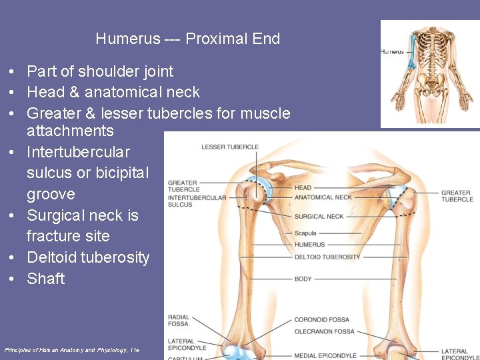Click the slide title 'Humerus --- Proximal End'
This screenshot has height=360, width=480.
[187, 39]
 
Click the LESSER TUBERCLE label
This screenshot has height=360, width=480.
[230, 147]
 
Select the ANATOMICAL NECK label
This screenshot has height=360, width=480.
[323, 197]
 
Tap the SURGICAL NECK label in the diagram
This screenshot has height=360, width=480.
[319, 217]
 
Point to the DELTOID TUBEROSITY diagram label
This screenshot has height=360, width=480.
[327, 257]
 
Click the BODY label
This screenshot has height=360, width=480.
[303, 279]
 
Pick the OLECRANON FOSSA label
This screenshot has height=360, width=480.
[325, 331]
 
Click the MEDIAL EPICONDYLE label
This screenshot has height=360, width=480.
[326, 355]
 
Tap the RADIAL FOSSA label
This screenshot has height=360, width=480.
[179, 321]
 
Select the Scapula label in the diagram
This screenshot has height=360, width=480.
[306, 233]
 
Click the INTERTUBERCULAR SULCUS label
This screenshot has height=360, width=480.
[197, 201]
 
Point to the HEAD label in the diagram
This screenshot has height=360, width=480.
[303, 188]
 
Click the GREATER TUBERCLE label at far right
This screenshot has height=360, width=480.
[457, 196]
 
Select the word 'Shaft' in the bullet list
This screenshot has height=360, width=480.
[46, 279]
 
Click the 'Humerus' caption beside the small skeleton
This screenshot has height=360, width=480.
[392, 51]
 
